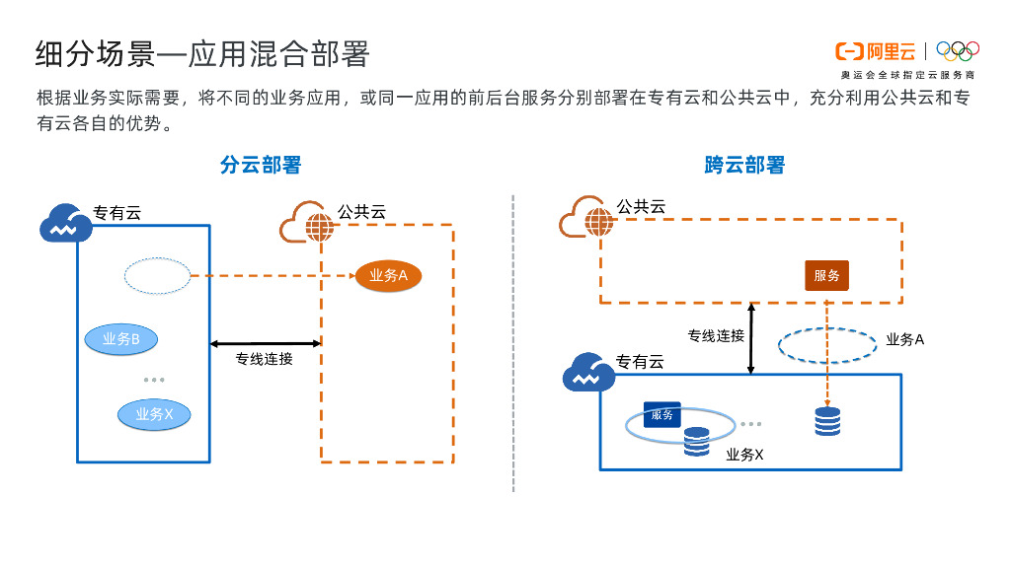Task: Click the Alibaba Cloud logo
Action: (875, 51)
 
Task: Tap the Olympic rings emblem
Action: (957, 51)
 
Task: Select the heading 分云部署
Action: (261, 165)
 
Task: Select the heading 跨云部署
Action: (744, 165)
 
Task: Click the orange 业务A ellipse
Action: (388, 276)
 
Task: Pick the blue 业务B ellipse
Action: (121, 339)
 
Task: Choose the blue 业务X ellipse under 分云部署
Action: (154, 414)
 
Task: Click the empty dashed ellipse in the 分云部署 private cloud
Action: (157, 276)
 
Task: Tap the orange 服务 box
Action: (826, 276)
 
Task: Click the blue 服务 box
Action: (661, 414)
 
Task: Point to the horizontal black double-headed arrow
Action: (266, 343)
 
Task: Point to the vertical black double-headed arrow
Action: (751, 338)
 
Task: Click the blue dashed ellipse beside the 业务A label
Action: (827, 344)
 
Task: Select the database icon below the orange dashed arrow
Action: (827, 421)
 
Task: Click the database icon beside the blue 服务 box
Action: (696, 441)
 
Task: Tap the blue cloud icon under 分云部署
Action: (66, 223)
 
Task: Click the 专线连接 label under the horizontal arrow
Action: (264, 359)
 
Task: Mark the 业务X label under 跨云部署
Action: (744, 455)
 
